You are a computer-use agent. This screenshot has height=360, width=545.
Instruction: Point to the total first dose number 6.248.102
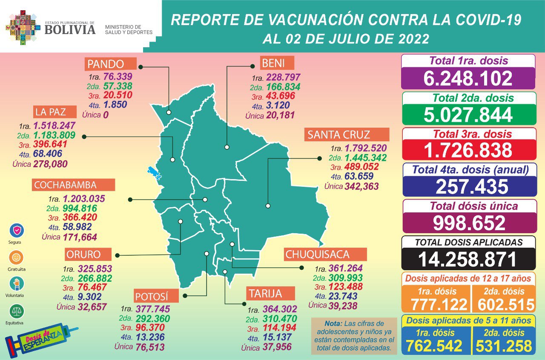click(468, 78)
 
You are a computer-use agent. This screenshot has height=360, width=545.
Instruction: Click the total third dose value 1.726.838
click(468, 150)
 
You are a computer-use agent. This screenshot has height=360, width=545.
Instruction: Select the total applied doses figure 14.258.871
click(468, 259)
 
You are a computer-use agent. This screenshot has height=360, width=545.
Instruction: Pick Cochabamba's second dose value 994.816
click(79, 209)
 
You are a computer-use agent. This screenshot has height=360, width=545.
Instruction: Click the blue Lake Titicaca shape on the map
click(154, 173)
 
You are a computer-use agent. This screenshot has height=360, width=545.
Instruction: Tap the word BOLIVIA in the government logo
click(70, 29)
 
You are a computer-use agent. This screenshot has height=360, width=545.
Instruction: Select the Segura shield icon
click(16, 230)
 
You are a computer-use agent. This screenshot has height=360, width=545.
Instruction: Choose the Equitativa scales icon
click(16, 311)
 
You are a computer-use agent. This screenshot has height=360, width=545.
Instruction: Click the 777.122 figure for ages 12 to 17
click(436, 304)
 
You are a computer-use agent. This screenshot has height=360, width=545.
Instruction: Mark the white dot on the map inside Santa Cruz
click(268, 206)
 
